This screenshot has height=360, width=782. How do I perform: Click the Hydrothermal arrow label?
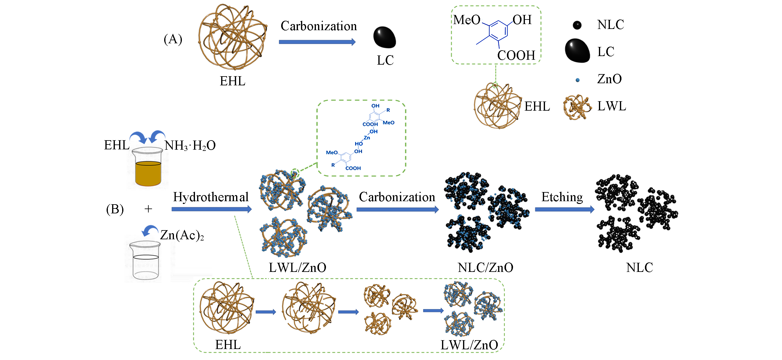[211, 197]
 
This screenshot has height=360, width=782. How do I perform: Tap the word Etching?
[562, 197]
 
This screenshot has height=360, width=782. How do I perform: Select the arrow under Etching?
[564, 209]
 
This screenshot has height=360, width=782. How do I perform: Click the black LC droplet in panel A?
[384, 37]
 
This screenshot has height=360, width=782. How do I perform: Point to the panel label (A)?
[173, 39]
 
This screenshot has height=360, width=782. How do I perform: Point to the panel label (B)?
[115, 209]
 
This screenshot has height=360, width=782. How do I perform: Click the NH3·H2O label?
[190, 145]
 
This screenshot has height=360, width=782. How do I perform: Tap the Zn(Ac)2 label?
[182, 235]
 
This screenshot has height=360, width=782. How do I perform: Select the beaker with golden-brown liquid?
[148, 168]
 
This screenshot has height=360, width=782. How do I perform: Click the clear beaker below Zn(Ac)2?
[145, 261]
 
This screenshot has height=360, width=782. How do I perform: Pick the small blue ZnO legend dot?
[577, 80]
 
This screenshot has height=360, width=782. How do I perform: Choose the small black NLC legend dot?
[577, 25]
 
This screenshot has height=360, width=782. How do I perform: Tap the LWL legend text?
[612, 106]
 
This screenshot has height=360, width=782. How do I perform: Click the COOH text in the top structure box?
[516, 55]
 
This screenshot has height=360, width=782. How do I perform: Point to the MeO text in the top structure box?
[466, 20]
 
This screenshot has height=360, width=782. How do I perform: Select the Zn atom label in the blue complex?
[367, 138]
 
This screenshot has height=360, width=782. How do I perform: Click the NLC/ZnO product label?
[485, 268]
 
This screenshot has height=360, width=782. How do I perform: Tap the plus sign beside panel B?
[148, 209]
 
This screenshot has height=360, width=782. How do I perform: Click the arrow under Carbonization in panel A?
[317, 42]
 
